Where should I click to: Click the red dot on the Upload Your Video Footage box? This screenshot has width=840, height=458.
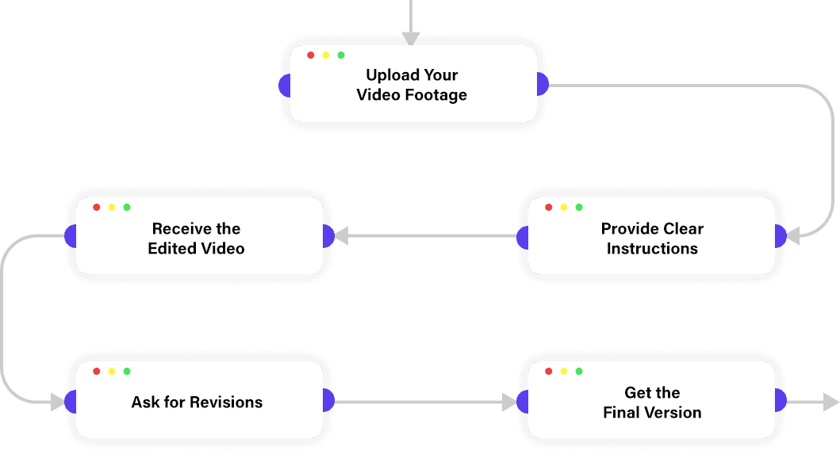click(x=311, y=55)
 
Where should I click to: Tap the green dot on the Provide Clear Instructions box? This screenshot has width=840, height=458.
click(x=579, y=208)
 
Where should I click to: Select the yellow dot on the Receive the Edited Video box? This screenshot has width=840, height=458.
click(x=112, y=208)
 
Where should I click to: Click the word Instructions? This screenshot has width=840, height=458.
click(x=652, y=249)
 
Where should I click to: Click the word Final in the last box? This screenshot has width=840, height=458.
click(x=623, y=413)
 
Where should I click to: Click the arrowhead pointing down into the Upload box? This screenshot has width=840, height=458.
click(x=410, y=38)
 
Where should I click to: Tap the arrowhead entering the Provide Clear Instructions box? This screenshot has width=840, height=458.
click(x=792, y=236)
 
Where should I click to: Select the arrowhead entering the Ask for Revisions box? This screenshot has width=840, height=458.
click(x=57, y=403)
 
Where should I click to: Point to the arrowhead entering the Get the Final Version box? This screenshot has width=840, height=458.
click(x=509, y=403)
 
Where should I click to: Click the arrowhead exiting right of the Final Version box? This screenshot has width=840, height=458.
click(x=831, y=402)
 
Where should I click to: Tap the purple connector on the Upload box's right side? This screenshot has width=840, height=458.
click(x=543, y=84)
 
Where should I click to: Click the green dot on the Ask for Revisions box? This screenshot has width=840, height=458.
click(x=127, y=372)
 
